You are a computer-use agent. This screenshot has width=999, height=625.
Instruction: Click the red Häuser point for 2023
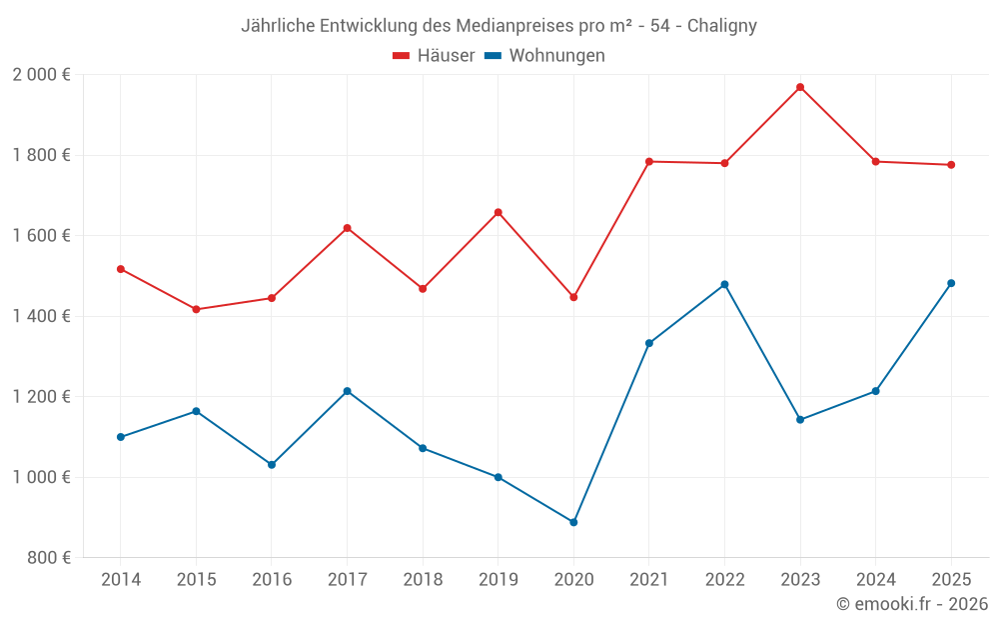coord(800,87)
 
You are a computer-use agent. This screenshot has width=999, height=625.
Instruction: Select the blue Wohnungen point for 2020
coord(573,522)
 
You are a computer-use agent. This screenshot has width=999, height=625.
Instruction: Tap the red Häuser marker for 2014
coord(121,269)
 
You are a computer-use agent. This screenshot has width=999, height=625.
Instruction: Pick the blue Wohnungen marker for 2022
coord(724,284)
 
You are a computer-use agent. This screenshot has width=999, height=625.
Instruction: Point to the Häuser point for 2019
coord(499,212)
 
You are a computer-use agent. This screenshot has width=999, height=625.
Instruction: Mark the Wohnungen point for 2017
coord(347,391)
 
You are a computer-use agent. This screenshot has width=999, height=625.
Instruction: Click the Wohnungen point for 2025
coord(951,283)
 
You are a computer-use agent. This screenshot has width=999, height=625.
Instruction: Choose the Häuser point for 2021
coord(649,161)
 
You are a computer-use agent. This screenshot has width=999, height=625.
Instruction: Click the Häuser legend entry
coord(434,56)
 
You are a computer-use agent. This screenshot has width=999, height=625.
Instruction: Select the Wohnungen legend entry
coord(544,56)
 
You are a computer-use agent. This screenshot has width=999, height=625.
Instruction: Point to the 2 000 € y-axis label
coord(41,75)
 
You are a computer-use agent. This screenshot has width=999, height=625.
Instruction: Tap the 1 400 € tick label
coord(41,316)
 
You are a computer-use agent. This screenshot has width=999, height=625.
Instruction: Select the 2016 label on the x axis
coord(272,580)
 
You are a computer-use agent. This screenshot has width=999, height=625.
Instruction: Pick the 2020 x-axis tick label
coord(573,580)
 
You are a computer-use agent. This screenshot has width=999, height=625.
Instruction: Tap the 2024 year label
coord(875,580)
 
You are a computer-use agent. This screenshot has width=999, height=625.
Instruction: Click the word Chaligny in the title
coord(722,26)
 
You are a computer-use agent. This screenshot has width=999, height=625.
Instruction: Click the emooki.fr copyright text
coord(912,604)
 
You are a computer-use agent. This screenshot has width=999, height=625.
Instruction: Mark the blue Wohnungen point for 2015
coord(196,411)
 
